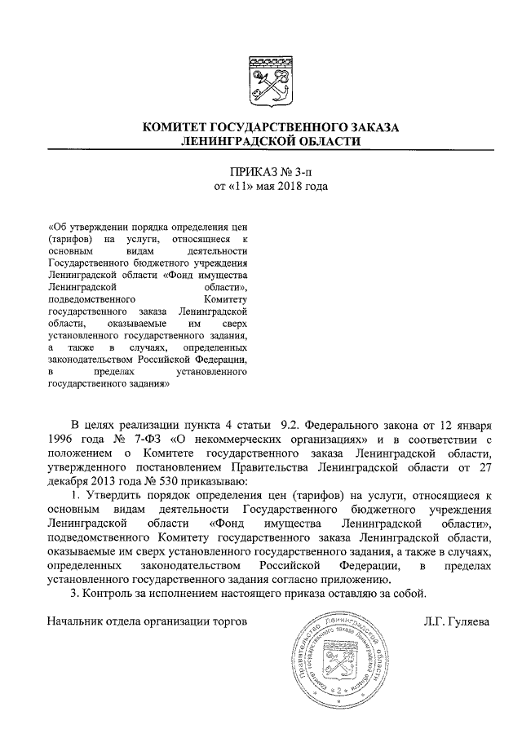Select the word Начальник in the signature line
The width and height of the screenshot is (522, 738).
pyautogui.click(x=77, y=622)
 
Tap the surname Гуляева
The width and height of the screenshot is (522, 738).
pyautogui.click(x=469, y=622)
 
